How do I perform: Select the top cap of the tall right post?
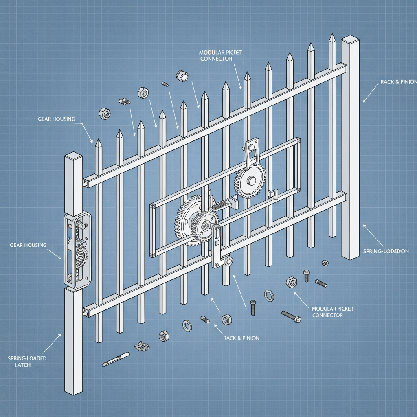click(351, 40)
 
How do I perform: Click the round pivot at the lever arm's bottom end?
click(230, 261)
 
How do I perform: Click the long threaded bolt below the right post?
click(291, 316)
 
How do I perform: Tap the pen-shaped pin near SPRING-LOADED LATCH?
click(115, 359)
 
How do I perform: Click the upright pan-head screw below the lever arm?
click(253, 307)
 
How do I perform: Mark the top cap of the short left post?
click(74, 157)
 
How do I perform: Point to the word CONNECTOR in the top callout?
click(216, 59)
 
